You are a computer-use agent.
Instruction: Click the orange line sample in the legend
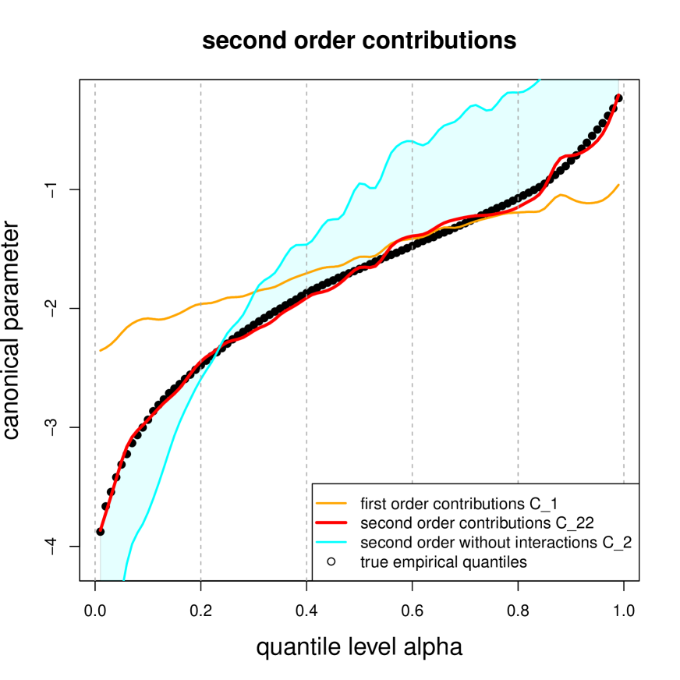[x=331, y=501]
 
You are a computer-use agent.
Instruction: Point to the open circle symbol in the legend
[x=331, y=561]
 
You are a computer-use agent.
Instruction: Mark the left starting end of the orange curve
[x=101, y=352]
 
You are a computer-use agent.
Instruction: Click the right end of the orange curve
[x=619, y=184]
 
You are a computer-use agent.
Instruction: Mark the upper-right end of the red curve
[x=619, y=94]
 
